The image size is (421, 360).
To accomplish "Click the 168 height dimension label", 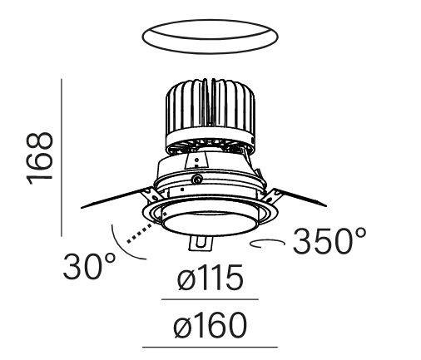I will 40,159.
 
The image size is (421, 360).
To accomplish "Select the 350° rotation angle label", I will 328,242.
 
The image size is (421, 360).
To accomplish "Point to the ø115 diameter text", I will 210,280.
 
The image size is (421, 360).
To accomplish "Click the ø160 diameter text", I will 210,325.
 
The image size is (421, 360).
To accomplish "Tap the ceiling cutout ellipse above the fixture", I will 209,37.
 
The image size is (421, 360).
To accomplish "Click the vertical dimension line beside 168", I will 62,157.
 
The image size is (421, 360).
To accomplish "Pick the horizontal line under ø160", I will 210,345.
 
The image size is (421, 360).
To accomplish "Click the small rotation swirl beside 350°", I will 269,243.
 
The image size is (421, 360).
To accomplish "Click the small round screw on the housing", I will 196,179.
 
